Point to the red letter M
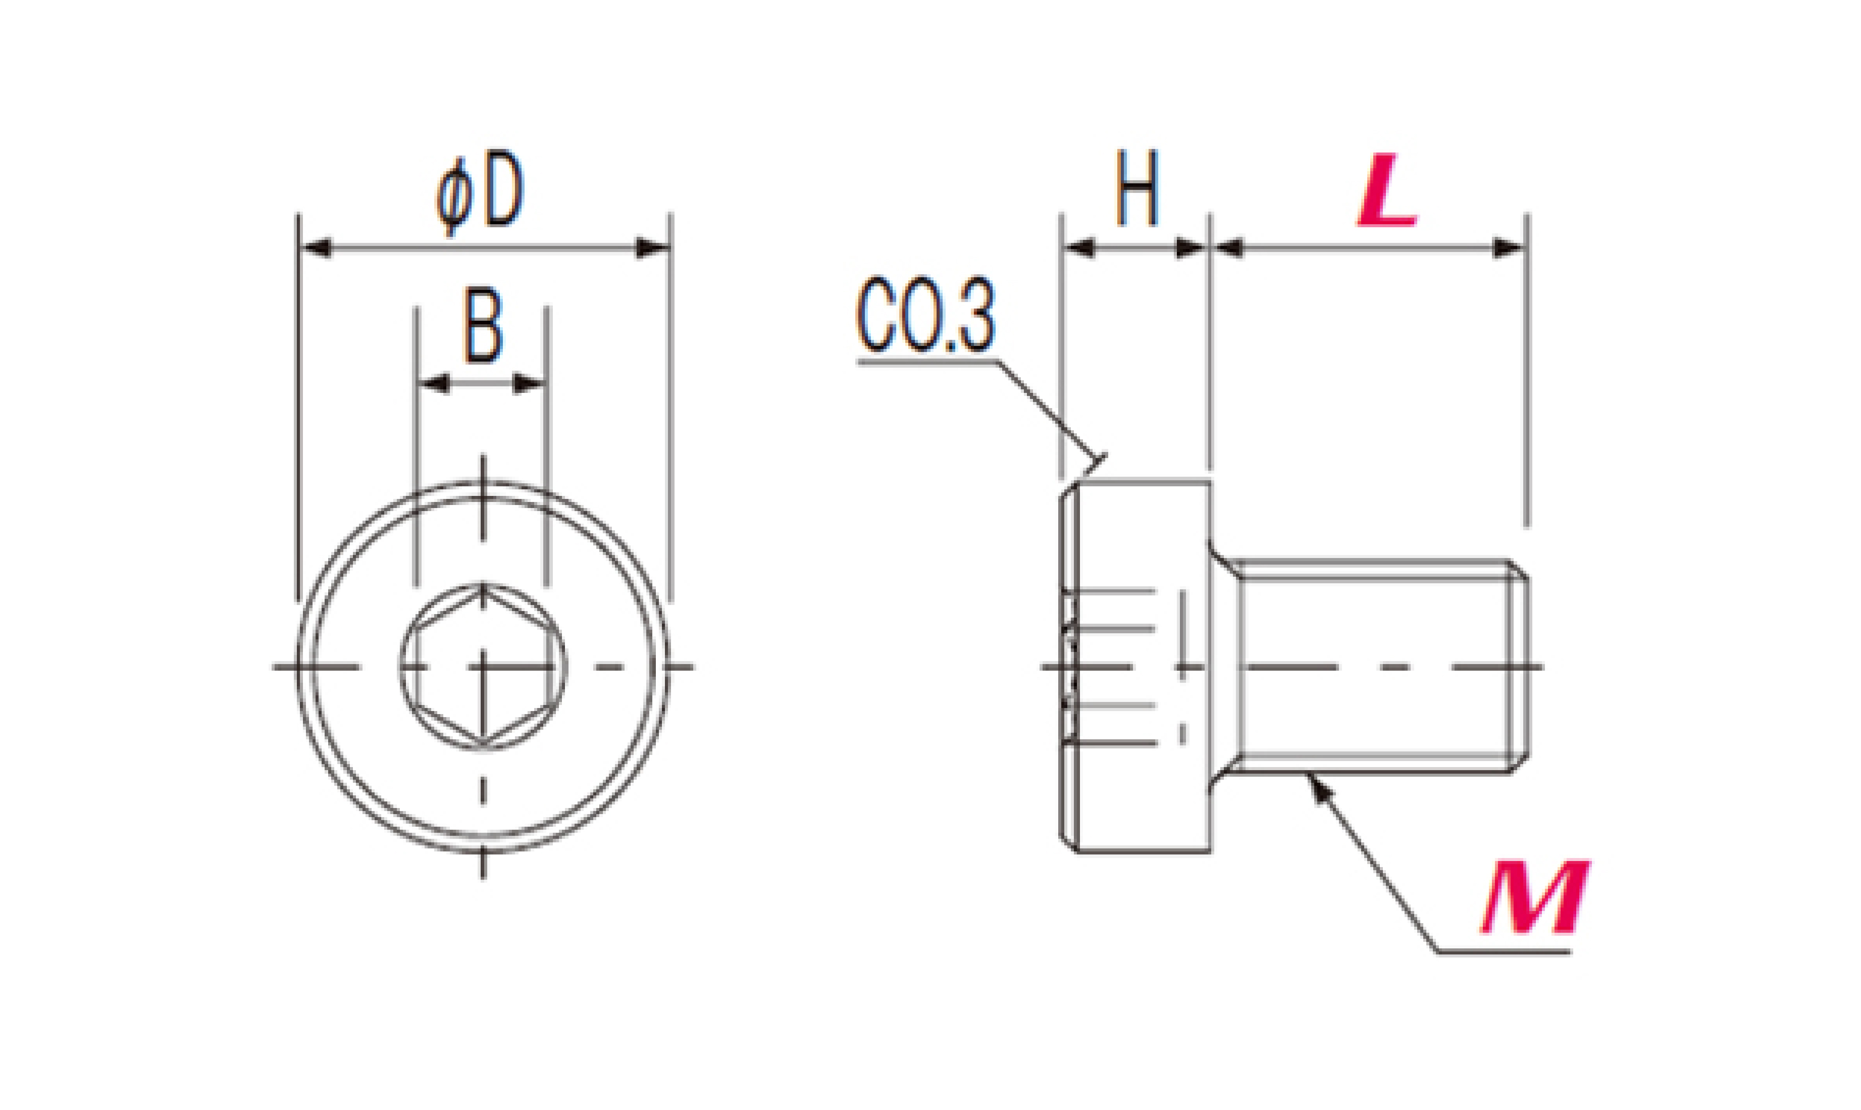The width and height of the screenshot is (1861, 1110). click(x=1536, y=897)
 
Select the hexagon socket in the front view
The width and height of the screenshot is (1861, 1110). click(x=483, y=666)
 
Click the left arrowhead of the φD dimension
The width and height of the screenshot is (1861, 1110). click(x=316, y=247)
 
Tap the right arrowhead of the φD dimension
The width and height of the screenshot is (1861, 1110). click(x=652, y=247)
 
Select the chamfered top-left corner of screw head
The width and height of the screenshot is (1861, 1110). click(x=1068, y=490)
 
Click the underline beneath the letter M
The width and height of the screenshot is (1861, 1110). click(x=1504, y=952)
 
